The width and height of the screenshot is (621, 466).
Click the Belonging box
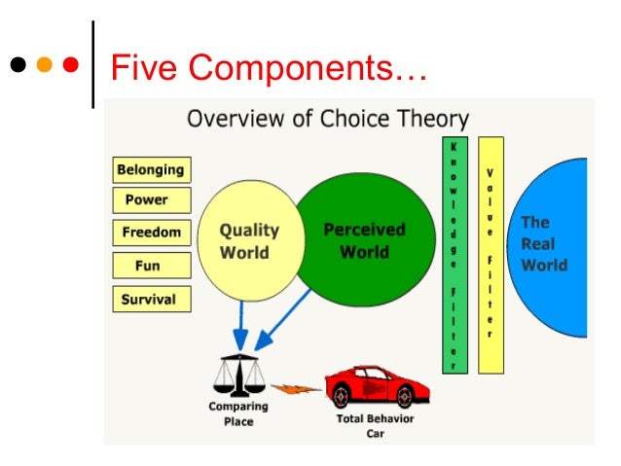152,169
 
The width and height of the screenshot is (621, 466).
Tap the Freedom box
152,233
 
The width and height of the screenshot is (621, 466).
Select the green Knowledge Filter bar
455,255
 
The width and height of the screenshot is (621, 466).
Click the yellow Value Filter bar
491,255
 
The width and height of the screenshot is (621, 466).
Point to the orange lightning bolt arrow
294,388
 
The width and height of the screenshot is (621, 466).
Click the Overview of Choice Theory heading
328,120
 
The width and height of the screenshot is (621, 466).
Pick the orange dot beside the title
44,67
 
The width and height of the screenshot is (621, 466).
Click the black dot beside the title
19,67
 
